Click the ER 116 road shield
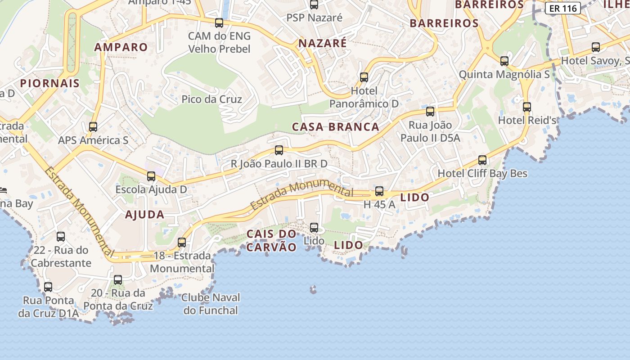(562, 8)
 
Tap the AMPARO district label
(121, 47)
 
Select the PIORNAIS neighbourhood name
(49, 83)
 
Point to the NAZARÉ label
(323, 43)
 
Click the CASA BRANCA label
(335, 127)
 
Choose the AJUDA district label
(144, 215)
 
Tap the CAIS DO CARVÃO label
(271, 240)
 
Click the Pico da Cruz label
(211, 99)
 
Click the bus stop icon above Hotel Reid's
(527, 107)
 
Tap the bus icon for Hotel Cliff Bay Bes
(482, 160)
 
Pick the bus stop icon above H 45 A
(379, 191)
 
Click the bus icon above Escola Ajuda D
(151, 176)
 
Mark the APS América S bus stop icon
(93, 127)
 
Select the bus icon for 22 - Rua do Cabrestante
(61, 236)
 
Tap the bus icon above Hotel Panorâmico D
(364, 77)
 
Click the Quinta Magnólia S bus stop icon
(504, 61)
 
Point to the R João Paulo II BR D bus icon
(279, 150)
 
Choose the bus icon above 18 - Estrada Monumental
(182, 243)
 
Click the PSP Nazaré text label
(315, 18)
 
